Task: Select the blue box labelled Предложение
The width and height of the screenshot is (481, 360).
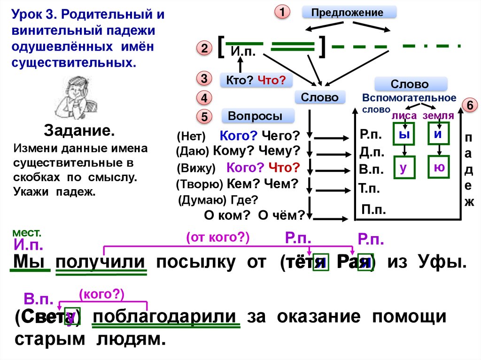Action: (x=349, y=13)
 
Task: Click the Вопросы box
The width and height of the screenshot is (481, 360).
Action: (x=255, y=116)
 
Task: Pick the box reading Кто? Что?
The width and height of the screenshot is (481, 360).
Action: (x=256, y=80)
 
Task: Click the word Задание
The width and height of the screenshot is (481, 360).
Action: (x=79, y=130)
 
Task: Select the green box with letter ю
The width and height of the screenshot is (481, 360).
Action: (x=439, y=167)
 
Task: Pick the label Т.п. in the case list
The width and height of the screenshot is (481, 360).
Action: (x=370, y=189)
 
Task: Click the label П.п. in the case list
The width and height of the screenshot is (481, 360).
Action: (x=373, y=209)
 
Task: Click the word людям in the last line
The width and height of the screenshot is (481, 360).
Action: (x=132, y=338)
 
